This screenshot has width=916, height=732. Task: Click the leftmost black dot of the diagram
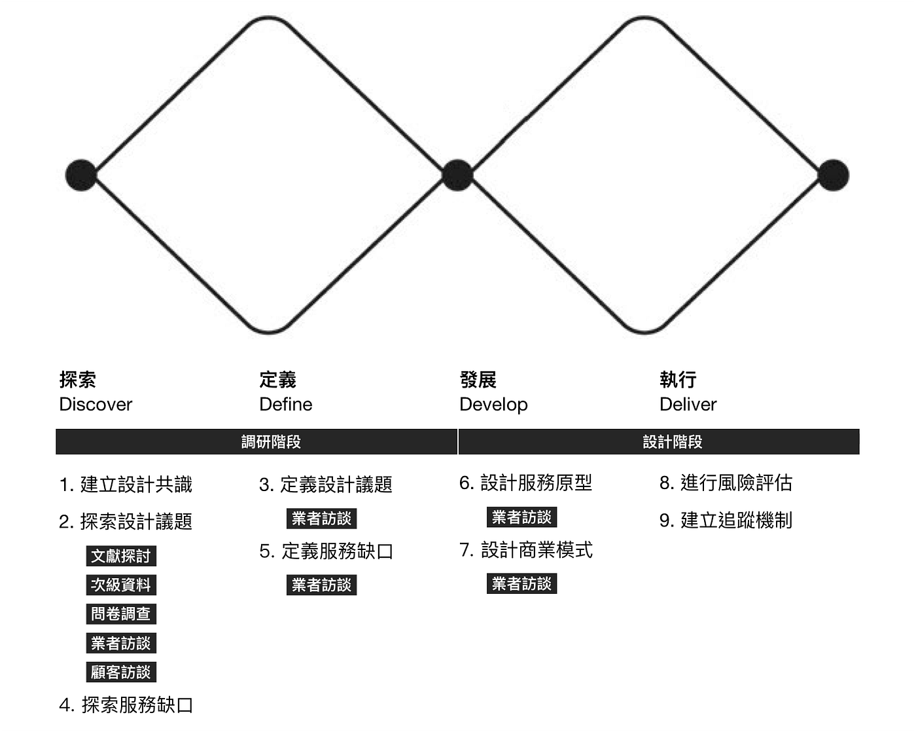81,175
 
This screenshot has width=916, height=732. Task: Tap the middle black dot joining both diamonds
457,175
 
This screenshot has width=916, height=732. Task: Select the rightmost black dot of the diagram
833,175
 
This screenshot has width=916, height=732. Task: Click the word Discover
96,405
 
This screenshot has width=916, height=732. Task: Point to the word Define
285,405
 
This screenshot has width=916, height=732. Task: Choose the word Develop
493,405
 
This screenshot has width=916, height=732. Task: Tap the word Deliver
688,405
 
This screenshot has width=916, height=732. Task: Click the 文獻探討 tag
121,557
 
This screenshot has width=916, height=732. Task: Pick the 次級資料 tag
121,585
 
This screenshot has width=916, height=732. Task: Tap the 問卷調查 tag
121,614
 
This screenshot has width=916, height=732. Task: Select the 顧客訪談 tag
121,672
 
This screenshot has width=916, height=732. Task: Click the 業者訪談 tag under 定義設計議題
321,519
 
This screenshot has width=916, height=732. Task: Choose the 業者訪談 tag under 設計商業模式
521,584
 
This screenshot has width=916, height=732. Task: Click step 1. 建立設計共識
126,485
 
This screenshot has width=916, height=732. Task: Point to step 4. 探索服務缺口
126,705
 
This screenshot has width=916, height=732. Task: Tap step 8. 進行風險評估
726,483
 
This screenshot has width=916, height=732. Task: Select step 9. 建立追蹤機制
726,521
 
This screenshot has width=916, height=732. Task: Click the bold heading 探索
78,380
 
